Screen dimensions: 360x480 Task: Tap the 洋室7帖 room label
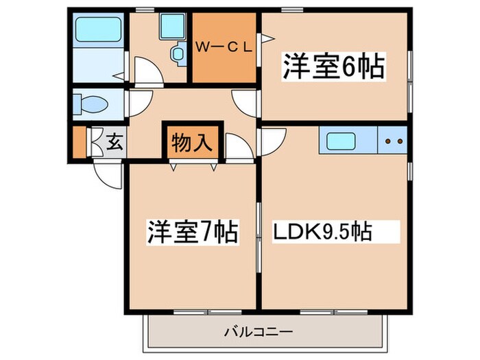(x=191, y=233)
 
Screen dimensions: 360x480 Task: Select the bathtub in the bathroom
(x=97, y=29)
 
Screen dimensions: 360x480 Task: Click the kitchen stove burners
(x=394, y=142)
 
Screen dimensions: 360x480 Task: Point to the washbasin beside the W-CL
(x=178, y=53)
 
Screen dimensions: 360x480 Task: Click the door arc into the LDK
(x=269, y=141)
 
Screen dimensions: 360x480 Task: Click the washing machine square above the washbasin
(x=169, y=27)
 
